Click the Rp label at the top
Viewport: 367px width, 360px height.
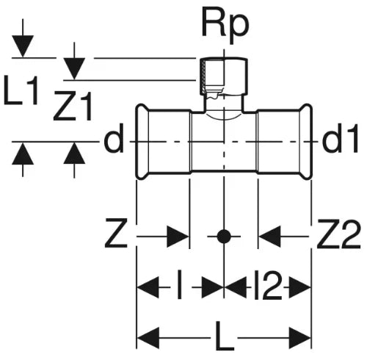point(225,27)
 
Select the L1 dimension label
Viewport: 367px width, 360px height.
point(21,91)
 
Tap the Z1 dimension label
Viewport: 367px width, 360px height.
point(73,107)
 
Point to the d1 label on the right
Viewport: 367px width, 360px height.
point(341,137)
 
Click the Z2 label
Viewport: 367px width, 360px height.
point(339,234)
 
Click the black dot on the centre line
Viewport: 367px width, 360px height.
point(224,237)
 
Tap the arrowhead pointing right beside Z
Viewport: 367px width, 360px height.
point(178,237)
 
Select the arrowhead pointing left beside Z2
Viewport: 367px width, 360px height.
point(269,237)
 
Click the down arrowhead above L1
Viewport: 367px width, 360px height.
point(23,46)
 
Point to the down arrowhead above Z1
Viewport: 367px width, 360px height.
point(74,68)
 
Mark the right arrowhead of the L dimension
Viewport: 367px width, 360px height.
point(300,337)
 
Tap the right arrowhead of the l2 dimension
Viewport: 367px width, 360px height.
point(300,287)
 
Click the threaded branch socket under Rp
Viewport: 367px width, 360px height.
point(224,76)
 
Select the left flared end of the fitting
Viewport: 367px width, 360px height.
point(142,142)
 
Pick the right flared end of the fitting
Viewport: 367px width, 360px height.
point(306,142)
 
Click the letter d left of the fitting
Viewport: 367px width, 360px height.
point(112,137)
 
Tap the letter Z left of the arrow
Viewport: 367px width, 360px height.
point(116,234)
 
